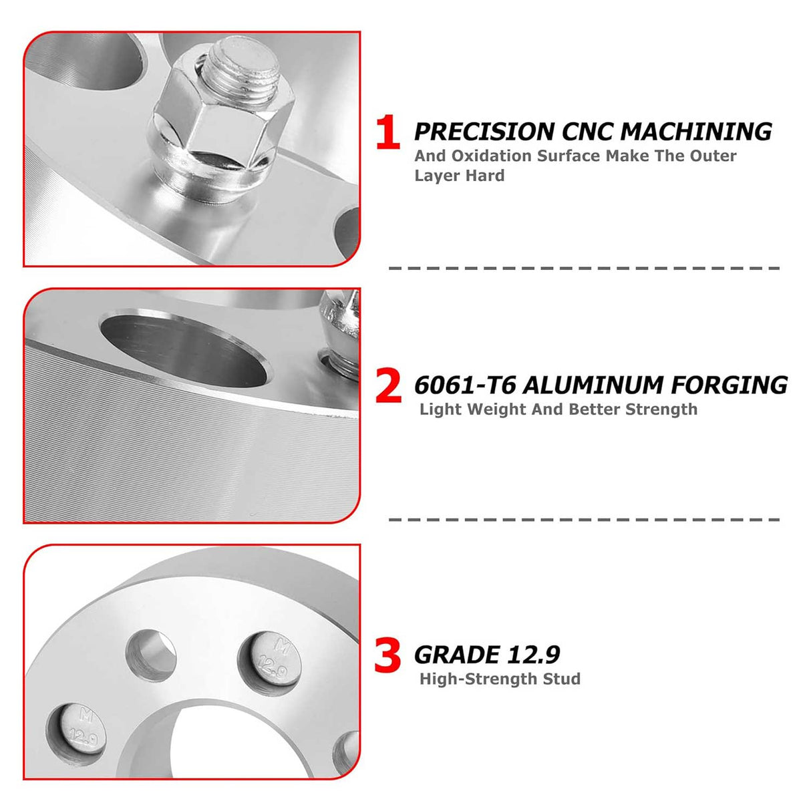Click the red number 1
tap(387, 132)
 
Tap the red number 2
tap(388, 386)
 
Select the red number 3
tap(387, 656)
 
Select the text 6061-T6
tap(464, 385)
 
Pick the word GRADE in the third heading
tap(457, 655)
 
